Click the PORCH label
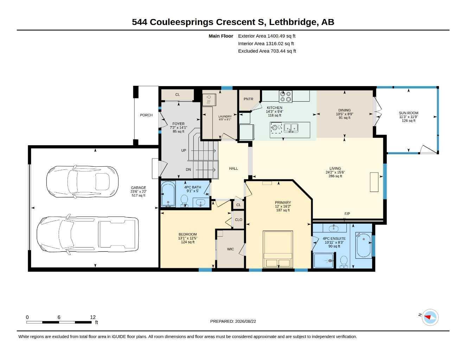tap(146, 115)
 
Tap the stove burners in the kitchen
tap(286, 96)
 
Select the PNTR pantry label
tap(248, 99)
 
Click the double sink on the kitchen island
tap(291, 128)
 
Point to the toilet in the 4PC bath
tap(184, 201)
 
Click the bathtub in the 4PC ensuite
tap(364, 245)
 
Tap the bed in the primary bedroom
tap(278, 249)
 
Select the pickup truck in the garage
tap(88, 234)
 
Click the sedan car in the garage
tap(82, 182)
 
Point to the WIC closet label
tap(230, 249)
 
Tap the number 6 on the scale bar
tap(59, 317)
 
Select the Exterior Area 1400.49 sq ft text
tap(267, 36)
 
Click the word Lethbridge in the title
tap(293, 22)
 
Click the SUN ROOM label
tap(409, 113)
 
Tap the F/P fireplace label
tap(347, 214)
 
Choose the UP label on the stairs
tap(184, 150)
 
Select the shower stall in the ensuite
tap(324, 261)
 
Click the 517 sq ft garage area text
tap(138, 195)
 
